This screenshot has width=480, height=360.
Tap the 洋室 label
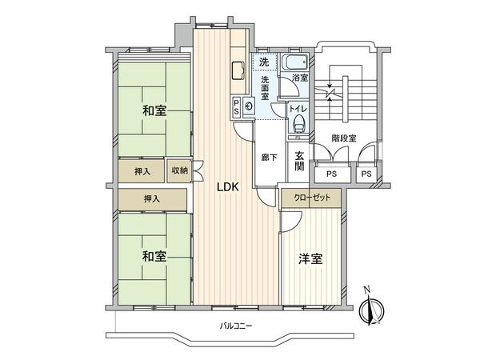point(310,258)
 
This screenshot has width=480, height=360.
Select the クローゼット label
point(310,196)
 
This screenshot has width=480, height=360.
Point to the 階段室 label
point(345,136)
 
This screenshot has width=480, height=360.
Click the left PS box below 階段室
point(331,174)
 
